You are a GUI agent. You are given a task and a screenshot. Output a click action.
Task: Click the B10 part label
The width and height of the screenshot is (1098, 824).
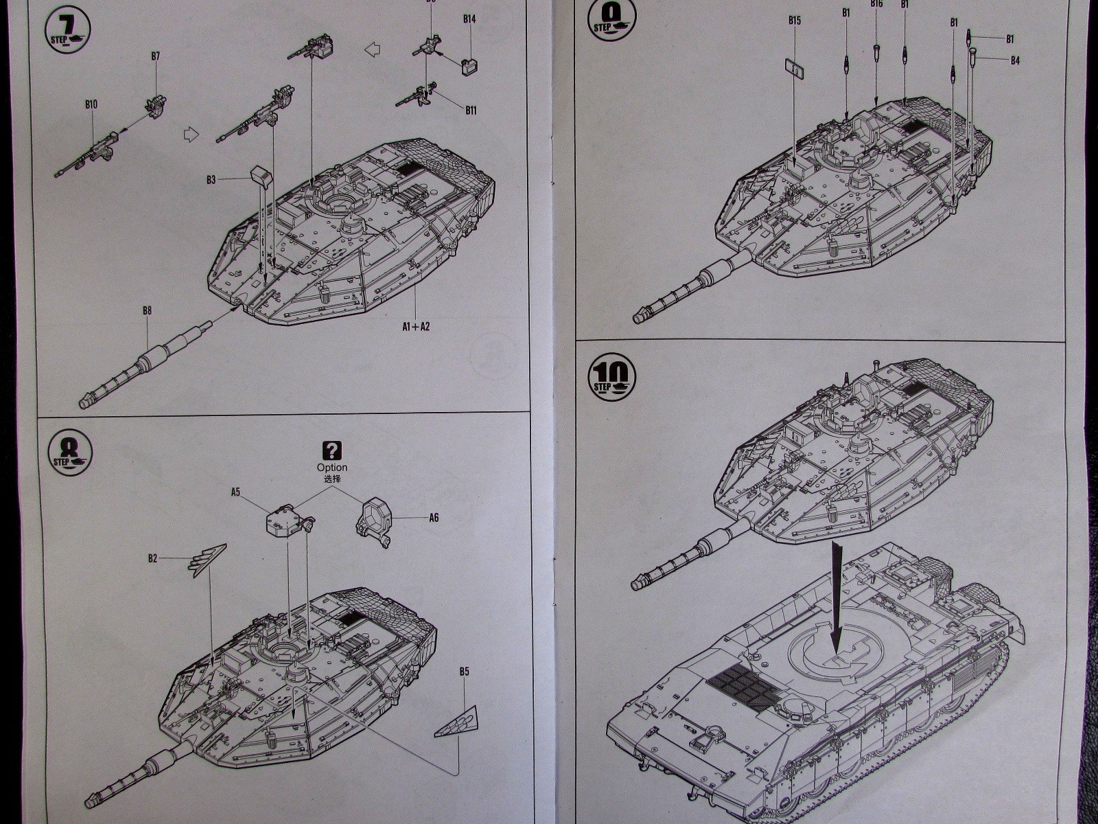coord(91,104)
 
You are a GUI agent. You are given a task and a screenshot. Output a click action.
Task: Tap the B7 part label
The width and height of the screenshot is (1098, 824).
coord(156,56)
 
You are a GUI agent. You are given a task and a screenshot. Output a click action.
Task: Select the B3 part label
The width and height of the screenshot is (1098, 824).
coord(211,180)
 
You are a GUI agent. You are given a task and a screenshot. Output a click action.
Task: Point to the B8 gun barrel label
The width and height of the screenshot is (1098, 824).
coord(147,310)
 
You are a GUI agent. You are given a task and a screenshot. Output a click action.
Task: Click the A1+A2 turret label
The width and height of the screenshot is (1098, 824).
coord(416,326)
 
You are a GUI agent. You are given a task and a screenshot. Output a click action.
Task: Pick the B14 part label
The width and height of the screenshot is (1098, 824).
coord(469,19)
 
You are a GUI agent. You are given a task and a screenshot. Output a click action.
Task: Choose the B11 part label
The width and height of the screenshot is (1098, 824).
coord(471,110)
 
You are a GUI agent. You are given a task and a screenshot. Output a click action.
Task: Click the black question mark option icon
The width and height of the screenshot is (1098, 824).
coord(332,451)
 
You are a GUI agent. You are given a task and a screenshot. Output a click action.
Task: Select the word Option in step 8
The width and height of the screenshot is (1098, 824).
coord(332,468)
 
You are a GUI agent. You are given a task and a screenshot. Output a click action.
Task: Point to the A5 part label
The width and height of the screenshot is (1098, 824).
coord(235,492)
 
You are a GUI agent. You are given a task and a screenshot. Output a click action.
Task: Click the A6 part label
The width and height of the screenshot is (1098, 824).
coord(433,518)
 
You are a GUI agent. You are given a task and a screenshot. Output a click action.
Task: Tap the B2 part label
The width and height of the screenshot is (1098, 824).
coord(152,558)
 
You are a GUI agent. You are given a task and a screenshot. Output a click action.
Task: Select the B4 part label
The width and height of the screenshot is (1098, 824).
coord(1015,60)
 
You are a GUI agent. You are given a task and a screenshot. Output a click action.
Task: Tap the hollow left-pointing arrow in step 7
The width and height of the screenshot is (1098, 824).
coord(372,49)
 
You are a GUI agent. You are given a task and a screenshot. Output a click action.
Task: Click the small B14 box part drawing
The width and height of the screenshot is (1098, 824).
coord(469,67)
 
